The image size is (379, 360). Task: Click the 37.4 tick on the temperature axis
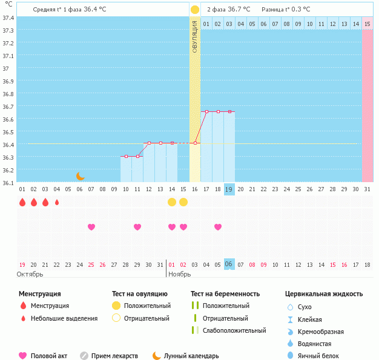tap(8, 18)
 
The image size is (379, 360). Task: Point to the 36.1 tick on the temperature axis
tap(8, 182)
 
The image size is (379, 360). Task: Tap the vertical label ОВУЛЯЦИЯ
tap(195, 36)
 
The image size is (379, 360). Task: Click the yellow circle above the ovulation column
tap(195, 10)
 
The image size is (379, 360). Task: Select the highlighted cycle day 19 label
tap(229, 189)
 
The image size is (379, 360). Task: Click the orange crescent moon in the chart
tap(81, 175)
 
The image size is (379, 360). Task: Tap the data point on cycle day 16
tap(195, 143)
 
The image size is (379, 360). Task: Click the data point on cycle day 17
tap(206, 111)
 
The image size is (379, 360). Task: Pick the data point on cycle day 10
tap(126, 156)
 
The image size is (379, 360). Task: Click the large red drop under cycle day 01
tap(22, 202)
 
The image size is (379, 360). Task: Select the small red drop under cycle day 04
tap(57, 202)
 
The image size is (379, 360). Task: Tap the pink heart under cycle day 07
tap(91, 227)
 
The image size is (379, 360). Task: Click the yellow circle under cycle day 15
tap(172, 202)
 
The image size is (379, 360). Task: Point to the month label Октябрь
tap(30, 274)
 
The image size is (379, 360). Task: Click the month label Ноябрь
tap(179, 274)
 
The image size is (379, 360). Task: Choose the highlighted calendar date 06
tap(229, 264)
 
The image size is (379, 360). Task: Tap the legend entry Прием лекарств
tap(114, 356)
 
